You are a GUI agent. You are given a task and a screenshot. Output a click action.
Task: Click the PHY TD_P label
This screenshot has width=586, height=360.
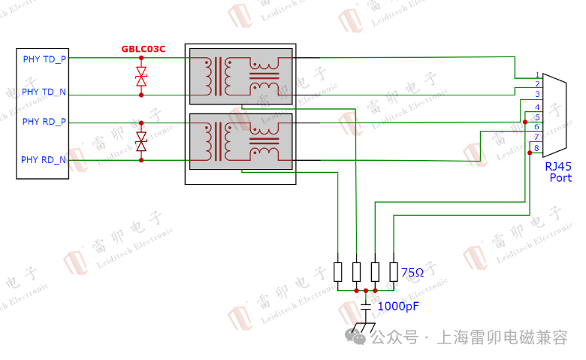(x=44, y=58)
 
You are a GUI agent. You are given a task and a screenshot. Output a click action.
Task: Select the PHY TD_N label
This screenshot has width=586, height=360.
(x=44, y=92)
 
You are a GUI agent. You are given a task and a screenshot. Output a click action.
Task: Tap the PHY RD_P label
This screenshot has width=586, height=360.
(x=44, y=121)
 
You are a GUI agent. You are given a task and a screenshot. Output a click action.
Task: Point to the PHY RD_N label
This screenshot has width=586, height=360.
(x=44, y=159)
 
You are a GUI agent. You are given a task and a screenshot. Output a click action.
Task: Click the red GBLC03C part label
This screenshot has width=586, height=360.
(x=143, y=49)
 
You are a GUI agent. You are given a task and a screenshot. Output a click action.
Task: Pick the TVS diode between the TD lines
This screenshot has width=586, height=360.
(x=141, y=76)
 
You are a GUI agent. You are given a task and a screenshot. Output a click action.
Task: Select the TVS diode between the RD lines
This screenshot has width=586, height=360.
(x=141, y=141)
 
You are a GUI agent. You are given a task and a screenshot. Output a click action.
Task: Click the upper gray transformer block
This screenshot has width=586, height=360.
(x=240, y=76)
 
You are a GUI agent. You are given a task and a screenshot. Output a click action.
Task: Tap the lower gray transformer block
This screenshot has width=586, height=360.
(x=240, y=141)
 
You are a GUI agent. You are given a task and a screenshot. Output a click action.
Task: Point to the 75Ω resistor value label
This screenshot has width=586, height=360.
(x=412, y=272)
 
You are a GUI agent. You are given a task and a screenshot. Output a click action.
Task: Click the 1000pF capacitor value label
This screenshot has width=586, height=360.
(x=397, y=306)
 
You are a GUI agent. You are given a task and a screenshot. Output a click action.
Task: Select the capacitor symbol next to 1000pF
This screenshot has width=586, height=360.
(x=366, y=306)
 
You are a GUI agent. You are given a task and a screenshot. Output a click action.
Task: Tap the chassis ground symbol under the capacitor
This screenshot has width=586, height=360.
(x=365, y=328)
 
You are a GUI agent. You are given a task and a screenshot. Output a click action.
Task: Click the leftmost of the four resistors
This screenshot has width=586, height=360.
(x=338, y=271)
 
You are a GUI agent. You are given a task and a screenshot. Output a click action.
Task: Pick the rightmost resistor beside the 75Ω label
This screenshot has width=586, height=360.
(x=394, y=271)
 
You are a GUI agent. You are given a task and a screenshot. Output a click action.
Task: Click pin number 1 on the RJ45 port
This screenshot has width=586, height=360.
(x=537, y=75)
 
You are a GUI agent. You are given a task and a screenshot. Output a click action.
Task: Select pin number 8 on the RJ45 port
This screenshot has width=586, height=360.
(x=536, y=148)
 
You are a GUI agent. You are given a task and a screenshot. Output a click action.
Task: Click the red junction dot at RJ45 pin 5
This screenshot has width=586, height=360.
(x=525, y=121)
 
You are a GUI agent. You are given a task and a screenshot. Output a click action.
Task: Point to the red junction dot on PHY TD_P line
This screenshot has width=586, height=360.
(x=141, y=57)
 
